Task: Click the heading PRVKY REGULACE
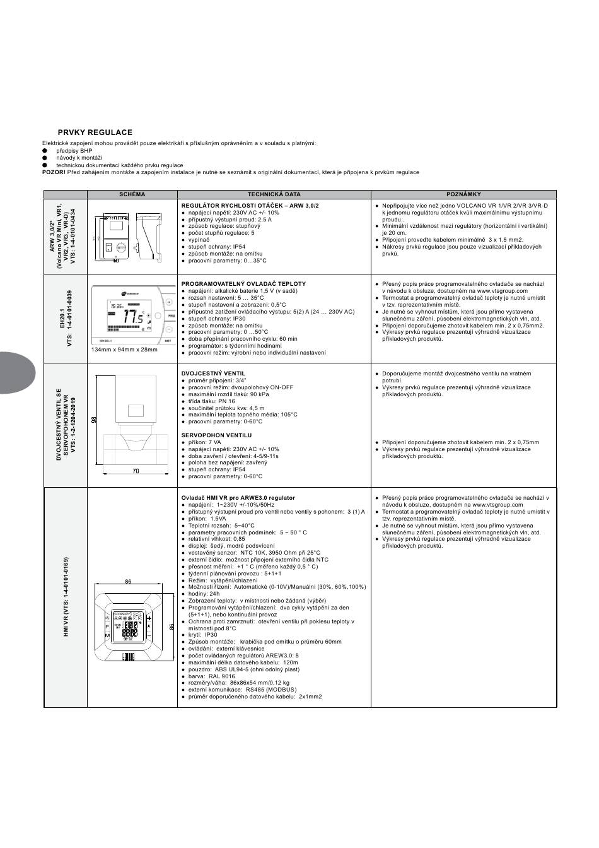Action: pyautogui.click(x=95, y=132)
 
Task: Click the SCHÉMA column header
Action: pyautogui.click(x=132, y=194)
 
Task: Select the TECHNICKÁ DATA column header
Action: pyautogui.click(x=274, y=194)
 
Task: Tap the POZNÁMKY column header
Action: pyautogui.click(x=463, y=194)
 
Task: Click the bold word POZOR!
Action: pyautogui.click(x=54, y=172)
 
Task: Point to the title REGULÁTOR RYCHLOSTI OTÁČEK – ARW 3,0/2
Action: pyautogui.click(x=250, y=206)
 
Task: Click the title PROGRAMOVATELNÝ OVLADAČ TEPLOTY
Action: pyautogui.click(x=243, y=284)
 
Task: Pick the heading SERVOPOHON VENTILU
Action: pyautogui.click(x=216, y=435)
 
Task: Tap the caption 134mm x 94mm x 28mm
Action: pyautogui.click(x=124, y=350)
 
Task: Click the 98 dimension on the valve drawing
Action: pyautogui.click(x=93, y=419)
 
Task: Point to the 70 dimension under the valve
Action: pyautogui.click(x=136, y=471)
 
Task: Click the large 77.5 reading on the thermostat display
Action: pyautogui.click(x=132, y=317)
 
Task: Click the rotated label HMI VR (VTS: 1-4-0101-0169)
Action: pyautogui.click(x=66, y=597)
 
